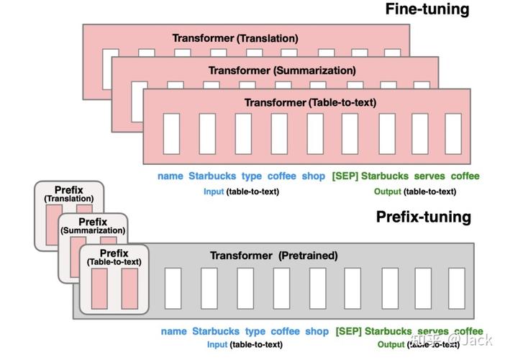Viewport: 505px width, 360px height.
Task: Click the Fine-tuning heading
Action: tap(427, 9)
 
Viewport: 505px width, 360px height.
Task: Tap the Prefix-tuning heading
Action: tap(424, 217)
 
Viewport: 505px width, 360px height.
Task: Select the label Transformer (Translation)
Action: tap(235, 38)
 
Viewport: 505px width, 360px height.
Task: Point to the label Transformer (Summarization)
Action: tap(282, 71)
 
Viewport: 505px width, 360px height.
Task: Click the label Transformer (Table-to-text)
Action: tap(309, 102)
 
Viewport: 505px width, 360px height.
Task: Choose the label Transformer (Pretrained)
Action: tap(273, 256)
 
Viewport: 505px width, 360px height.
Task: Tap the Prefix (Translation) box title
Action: tap(69, 194)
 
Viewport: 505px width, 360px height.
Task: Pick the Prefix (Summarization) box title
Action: tap(93, 226)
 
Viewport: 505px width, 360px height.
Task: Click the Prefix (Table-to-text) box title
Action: tap(114, 258)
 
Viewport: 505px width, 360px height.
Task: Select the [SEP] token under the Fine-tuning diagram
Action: tap(344, 176)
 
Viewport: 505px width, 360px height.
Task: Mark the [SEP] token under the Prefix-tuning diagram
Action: tap(347, 332)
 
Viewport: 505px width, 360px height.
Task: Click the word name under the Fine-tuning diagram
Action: tap(170, 176)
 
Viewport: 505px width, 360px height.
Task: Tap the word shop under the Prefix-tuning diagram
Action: tap(317, 332)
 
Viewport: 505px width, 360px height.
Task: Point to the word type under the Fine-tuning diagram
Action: tap(251, 176)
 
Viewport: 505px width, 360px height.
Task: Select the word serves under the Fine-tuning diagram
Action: tap(429, 176)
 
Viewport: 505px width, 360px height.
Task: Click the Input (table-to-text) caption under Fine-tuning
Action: tap(241, 192)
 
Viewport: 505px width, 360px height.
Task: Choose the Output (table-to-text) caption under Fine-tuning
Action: tap(414, 192)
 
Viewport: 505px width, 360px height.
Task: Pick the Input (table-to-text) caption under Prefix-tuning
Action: tap(244, 345)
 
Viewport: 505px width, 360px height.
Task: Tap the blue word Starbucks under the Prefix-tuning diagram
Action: tap(216, 332)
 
